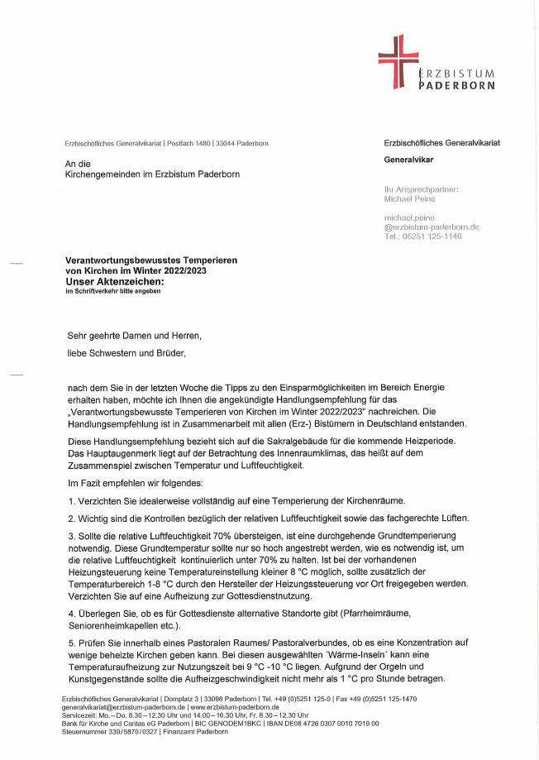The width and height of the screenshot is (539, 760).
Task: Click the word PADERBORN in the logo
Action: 457,84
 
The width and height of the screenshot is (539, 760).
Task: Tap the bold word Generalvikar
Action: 409,159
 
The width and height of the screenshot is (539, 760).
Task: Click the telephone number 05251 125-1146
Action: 431,237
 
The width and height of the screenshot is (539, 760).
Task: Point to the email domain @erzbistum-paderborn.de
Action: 432,227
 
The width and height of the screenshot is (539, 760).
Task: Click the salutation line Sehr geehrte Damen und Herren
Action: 134,337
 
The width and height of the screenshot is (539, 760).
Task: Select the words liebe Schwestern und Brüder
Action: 126,353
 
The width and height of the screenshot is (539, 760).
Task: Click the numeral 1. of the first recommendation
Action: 72,501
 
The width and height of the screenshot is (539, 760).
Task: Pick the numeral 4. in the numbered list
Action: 72,613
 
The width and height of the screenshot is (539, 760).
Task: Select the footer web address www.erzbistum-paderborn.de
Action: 234,708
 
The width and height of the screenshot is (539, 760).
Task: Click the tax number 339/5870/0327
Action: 125,732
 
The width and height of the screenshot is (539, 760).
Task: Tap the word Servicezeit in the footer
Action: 80,715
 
